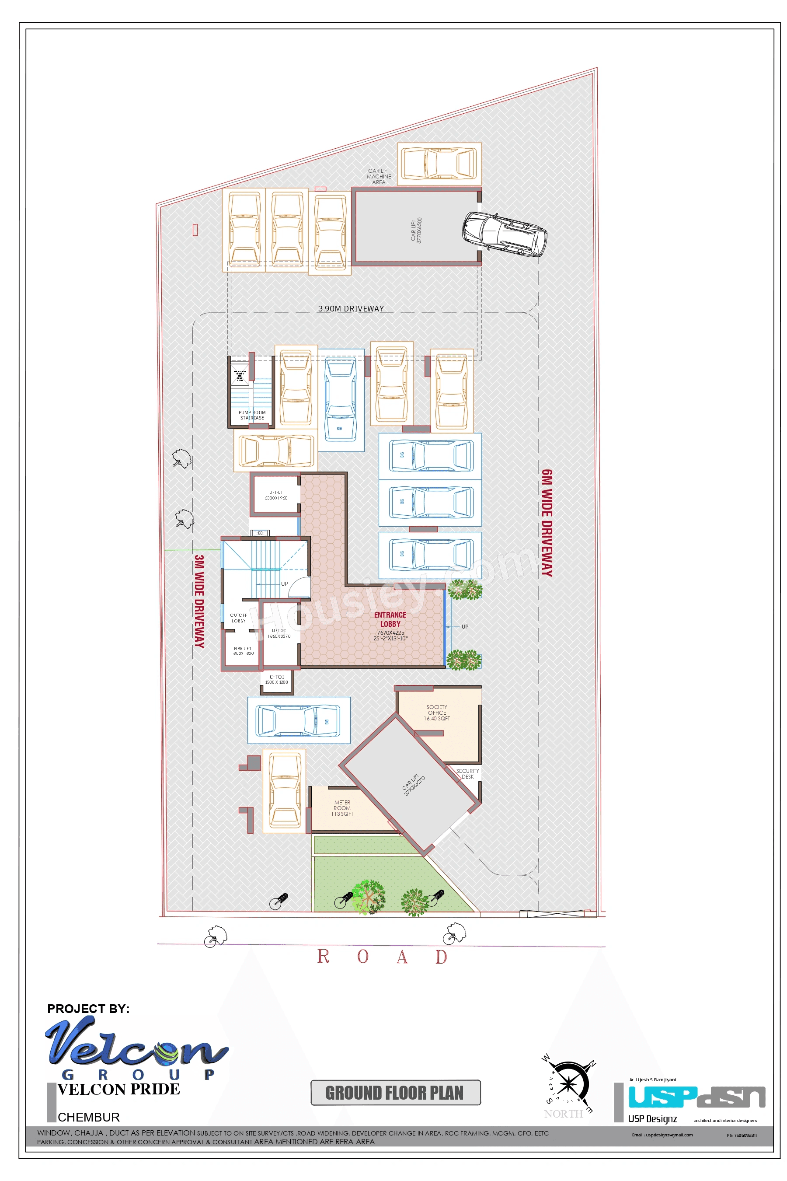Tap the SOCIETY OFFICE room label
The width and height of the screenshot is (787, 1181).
click(x=437, y=713)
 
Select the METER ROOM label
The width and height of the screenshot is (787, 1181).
click(x=342, y=808)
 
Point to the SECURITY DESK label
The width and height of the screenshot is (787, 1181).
click(x=467, y=773)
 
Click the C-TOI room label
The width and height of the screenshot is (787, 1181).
click(x=277, y=679)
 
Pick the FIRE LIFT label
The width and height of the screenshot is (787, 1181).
click(x=242, y=651)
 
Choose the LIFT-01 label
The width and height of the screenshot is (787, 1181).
click(x=276, y=495)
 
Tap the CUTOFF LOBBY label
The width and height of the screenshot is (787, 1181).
click(x=238, y=618)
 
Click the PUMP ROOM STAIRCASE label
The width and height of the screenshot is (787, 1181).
click(x=252, y=415)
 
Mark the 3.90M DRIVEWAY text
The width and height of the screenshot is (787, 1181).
click(x=351, y=309)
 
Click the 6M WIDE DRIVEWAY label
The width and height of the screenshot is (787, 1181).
click(x=547, y=523)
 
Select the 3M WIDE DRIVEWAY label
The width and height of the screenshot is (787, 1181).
click(x=199, y=601)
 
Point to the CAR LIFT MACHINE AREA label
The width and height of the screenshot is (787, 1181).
click(x=379, y=177)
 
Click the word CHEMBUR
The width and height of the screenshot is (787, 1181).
click(x=88, y=1117)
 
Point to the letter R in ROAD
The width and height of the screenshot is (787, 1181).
click(x=323, y=956)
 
